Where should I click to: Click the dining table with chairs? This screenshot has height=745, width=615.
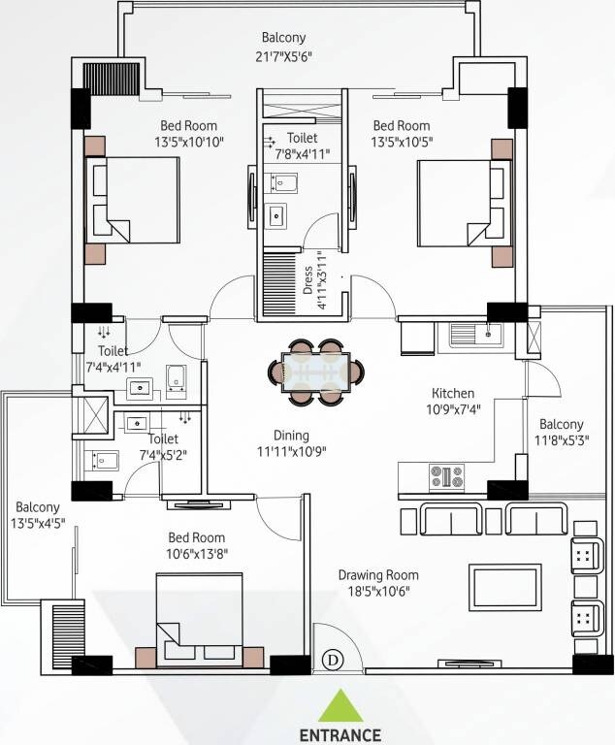[317, 371]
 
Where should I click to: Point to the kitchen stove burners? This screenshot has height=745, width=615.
[446, 476]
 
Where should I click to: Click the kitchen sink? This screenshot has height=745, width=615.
[475, 336]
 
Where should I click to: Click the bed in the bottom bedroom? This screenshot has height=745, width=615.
[200, 619]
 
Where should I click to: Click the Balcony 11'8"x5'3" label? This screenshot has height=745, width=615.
[562, 433]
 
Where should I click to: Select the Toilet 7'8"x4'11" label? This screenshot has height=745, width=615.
[302, 146]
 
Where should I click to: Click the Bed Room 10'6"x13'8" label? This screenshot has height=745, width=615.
[198, 545]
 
